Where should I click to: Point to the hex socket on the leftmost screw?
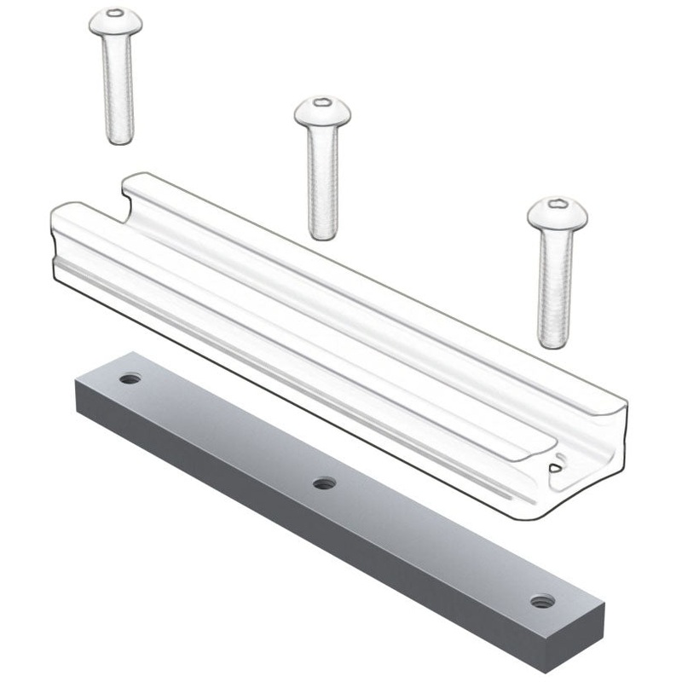[115, 14]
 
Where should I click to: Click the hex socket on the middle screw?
[322, 103]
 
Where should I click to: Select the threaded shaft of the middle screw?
[322, 179]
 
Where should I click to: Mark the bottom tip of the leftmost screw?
[119, 141]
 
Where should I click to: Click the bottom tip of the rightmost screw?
[552, 344]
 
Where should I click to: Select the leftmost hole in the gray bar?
[130, 379]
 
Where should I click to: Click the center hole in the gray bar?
[323, 484]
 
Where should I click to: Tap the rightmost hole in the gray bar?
[539, 601]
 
